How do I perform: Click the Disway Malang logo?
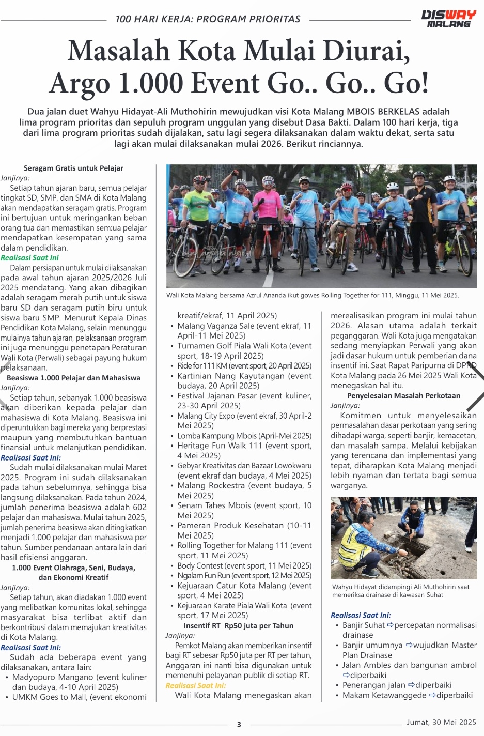[x=448, y=19]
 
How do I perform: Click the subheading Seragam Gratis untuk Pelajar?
[x=73, y=168]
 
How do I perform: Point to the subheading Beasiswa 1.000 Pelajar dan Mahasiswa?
[x=73, y=378]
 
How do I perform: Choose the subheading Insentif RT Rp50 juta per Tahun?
[x=238, y=625]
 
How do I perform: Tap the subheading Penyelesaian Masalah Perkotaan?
[x=403, y=395]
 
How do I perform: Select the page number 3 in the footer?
[x=239, y=724]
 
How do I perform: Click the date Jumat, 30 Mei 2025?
[x=441, y=722]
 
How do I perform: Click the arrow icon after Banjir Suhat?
[x=391, y=625]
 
